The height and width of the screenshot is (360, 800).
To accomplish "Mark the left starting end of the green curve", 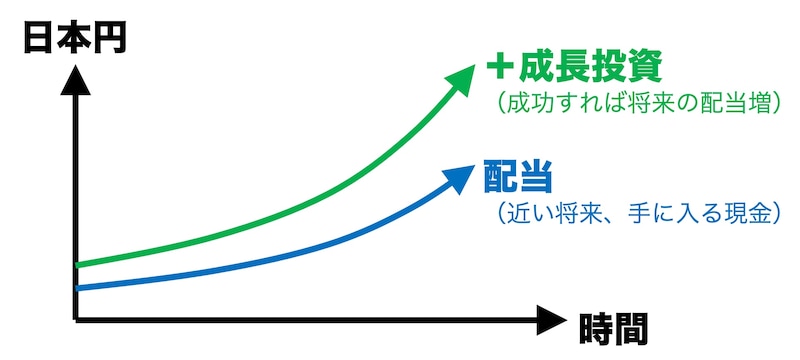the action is point(79,265).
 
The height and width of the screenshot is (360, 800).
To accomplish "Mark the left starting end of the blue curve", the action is point(79,289).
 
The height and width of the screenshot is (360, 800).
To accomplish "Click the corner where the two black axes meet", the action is point(76,320).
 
